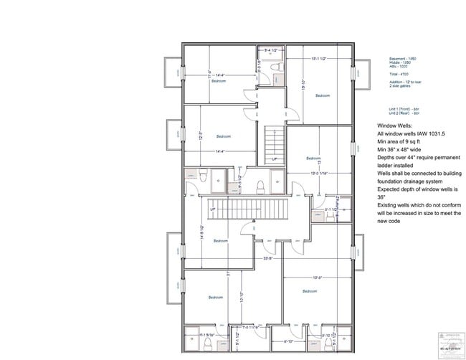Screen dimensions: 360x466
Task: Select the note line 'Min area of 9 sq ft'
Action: tap(402, 143)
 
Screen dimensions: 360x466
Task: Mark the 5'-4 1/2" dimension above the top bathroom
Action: tap(271, 49)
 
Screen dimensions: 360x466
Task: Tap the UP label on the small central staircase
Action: tap(274, 159)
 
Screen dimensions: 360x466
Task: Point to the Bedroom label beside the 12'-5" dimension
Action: tap(224, 136)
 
